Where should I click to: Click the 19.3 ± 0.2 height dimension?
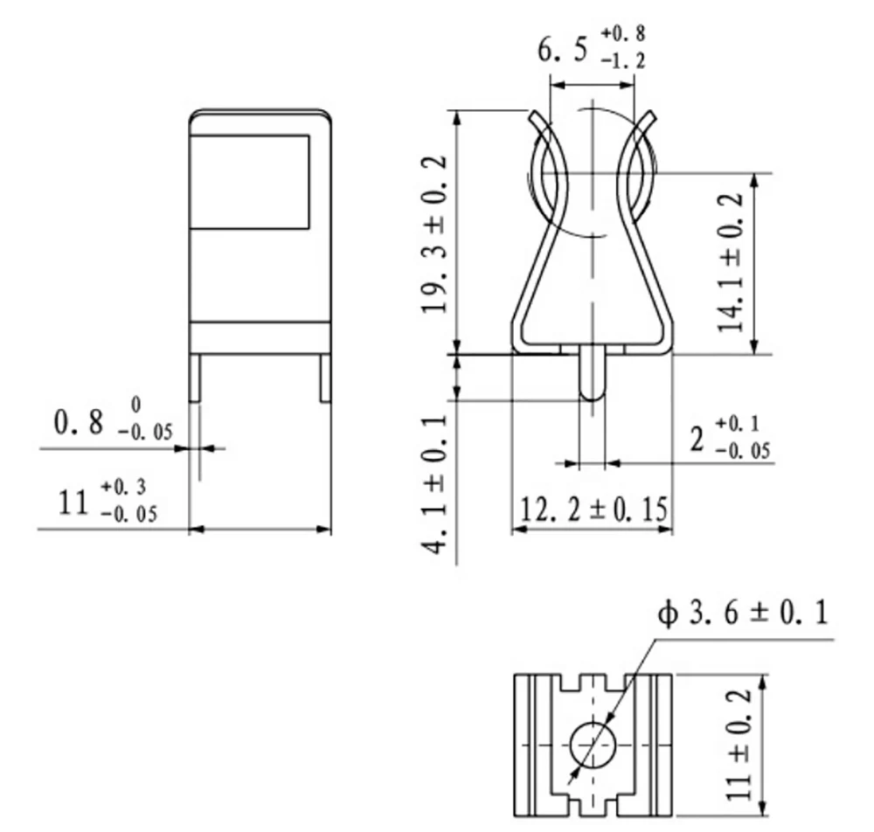pyautogui.click(x=434, y=235)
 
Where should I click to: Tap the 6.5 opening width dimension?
pyautogui.click(x=565, y=51)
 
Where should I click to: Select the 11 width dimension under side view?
pyautogui.click(x=73, y=503)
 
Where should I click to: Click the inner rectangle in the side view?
pyautogui.click(x=250, y=182)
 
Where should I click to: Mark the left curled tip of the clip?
pyautogui.click(x=536, y=118)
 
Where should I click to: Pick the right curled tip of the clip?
pyautogui.click(x=650, y=118)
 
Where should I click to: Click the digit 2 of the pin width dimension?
pyautogui.click(x=697, y=439)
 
